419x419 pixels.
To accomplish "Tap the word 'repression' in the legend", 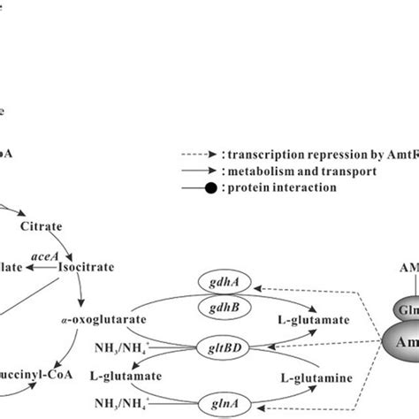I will (351, 151).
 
